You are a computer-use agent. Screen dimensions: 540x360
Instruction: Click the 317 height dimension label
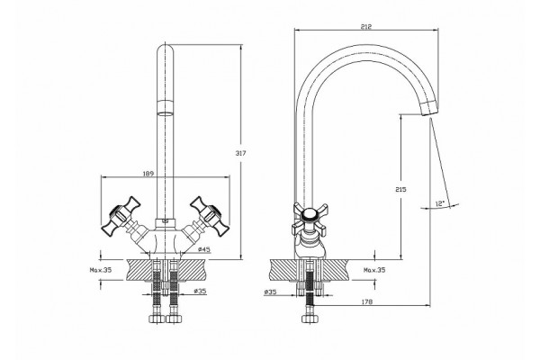[x=240, y=153]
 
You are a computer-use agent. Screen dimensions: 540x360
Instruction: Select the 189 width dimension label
[x=148, y=174]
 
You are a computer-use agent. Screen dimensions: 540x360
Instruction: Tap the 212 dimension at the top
[x=366, y=26]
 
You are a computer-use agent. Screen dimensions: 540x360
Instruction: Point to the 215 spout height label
[x=400, y=189]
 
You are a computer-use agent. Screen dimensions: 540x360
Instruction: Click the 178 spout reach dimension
[x=367, y=301]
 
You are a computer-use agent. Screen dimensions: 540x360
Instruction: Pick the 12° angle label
[x=440, y=203]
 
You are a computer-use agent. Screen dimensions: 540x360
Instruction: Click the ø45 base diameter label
[x=204, y=249]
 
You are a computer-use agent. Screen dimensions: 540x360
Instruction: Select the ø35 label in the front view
[x=200, y=291]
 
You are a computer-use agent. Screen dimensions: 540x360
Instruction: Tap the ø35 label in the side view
[x=270, y=292]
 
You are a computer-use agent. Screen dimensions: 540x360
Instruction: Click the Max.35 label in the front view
[x=101, y=270]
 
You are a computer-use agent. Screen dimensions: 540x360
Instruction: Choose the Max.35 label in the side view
[x=374, y=270]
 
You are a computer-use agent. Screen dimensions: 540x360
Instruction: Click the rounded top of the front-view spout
[x=166, y=49]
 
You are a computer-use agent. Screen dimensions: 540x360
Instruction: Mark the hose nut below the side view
[x=309, y=319]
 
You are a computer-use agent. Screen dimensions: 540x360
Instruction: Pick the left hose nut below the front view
[x=157, y=319]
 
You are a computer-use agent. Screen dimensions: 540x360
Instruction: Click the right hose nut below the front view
[x=173, y=319]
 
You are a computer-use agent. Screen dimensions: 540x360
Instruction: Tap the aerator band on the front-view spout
[x=166, y=107]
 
